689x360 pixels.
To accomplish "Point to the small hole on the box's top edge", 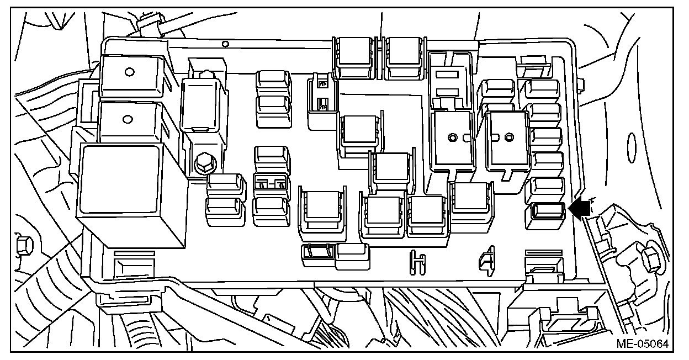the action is pos(225,43).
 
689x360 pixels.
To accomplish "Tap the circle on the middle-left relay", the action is pos(129,118).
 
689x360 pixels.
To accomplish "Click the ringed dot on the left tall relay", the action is pos(453,136).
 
